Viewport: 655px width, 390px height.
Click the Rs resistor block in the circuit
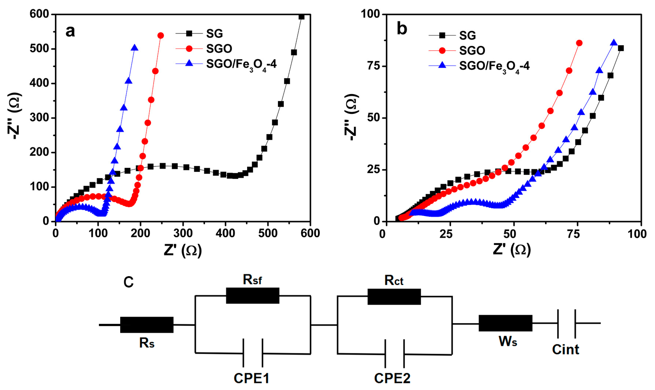(147, 325)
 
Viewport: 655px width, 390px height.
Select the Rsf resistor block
(252, 296)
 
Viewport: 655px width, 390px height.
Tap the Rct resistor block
(394, 297)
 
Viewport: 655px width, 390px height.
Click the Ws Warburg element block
(505, 323)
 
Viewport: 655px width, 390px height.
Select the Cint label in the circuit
(565, 350)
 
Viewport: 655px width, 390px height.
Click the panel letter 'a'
(70, 31)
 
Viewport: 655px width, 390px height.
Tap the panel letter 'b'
(402, 29)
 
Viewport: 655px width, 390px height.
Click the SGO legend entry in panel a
(219, 49)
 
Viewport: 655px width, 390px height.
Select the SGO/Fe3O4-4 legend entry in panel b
(494, 66)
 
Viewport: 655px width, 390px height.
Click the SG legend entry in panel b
(467, 36)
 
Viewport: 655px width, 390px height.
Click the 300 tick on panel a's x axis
(183, 233)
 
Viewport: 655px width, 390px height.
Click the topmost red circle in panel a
(161, 36)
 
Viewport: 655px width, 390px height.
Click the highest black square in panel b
(621, 48)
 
